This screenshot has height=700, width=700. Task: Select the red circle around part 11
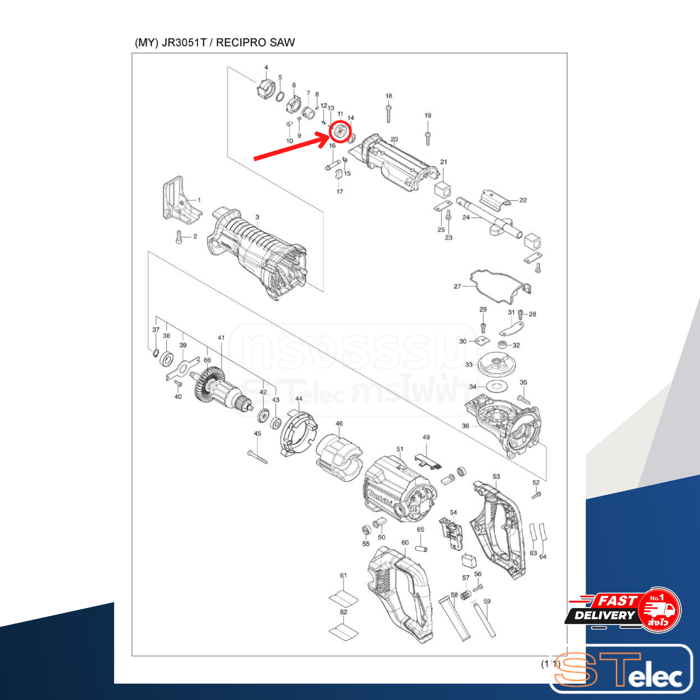tap(340, 132)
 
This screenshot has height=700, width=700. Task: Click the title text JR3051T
tap(184, 43)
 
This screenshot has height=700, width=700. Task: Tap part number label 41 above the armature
tap(221, 337)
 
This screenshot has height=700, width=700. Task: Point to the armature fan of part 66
tap(206, 385)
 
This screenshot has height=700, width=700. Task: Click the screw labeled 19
tap(428, 135)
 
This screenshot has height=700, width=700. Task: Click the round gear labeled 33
tap(498, 364)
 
